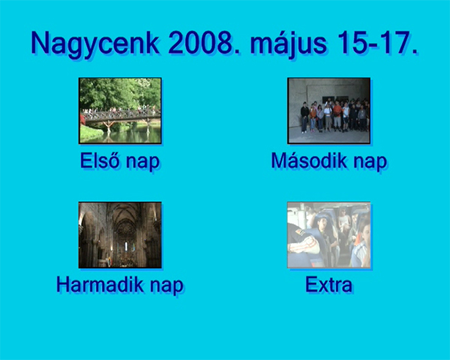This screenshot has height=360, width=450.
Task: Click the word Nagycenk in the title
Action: pos(95,44)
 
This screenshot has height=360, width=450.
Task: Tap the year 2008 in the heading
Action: pos(204,43)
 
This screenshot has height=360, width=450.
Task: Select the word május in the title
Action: pos(289,45)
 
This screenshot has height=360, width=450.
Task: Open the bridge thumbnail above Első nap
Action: pos(120,110)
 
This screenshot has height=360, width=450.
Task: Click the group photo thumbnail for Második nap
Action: pos(329,110)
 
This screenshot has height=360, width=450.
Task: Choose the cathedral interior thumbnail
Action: pos(120,235)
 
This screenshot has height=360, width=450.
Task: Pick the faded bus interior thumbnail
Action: pos(329,235)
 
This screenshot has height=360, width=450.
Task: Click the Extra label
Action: pos(329,284)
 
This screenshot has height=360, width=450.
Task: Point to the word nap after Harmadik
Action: pos(166,286)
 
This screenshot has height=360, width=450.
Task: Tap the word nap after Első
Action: pos(143,162)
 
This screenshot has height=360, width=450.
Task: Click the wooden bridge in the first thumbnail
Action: pos(121,117)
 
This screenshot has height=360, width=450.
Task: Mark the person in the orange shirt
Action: pos(337,114)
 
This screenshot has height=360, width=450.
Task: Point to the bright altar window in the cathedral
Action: pos(126,246)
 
